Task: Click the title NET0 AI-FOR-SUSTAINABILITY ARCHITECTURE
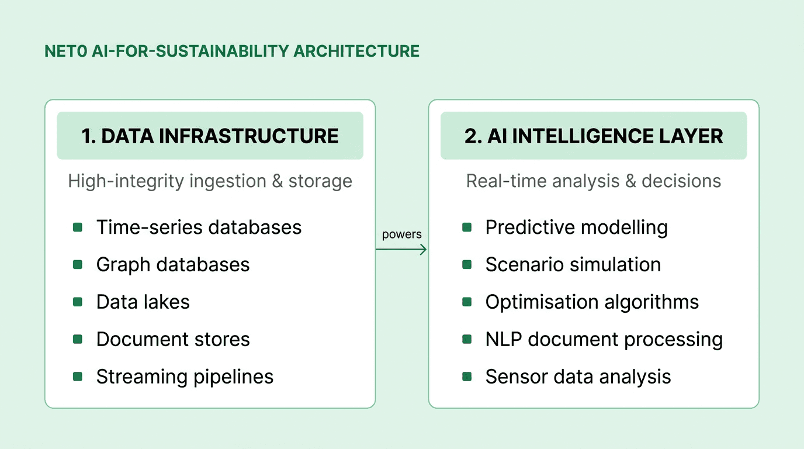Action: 232,51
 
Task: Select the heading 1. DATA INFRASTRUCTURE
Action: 210,136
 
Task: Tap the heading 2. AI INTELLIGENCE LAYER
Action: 594,136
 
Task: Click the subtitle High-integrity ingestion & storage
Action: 210,181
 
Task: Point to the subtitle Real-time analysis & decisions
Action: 594,181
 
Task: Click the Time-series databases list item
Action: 199,227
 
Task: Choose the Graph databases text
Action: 173,264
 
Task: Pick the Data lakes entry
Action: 143,302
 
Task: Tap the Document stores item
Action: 173,339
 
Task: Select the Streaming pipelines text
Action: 185,377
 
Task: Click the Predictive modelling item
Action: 576,227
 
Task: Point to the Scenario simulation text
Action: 573,264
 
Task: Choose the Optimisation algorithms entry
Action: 592,302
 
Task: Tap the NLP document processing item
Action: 604,339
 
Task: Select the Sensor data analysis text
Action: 578,377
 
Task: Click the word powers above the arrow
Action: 401,234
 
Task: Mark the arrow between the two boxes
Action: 401,250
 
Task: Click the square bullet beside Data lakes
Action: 78,302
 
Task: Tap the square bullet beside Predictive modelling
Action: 467,227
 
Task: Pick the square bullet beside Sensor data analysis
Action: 467,377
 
